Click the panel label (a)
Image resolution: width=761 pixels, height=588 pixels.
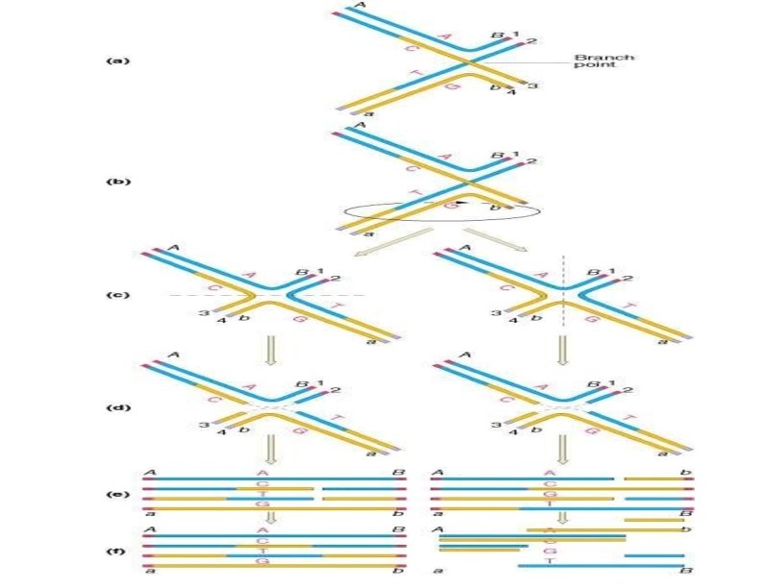(x=115, y=61)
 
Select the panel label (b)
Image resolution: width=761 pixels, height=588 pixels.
(x=115, y=181)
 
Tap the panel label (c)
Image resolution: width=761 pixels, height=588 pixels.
(x=115, y=293)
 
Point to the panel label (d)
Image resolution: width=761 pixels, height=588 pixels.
(x=115, y=407)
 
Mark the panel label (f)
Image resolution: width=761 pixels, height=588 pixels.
(x=115, y=551)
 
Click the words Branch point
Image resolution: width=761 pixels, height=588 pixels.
(x=601, y=62)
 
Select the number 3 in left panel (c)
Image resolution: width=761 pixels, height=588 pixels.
(x=204, y=314)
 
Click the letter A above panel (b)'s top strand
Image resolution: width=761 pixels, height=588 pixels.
(x=359, y=126)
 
